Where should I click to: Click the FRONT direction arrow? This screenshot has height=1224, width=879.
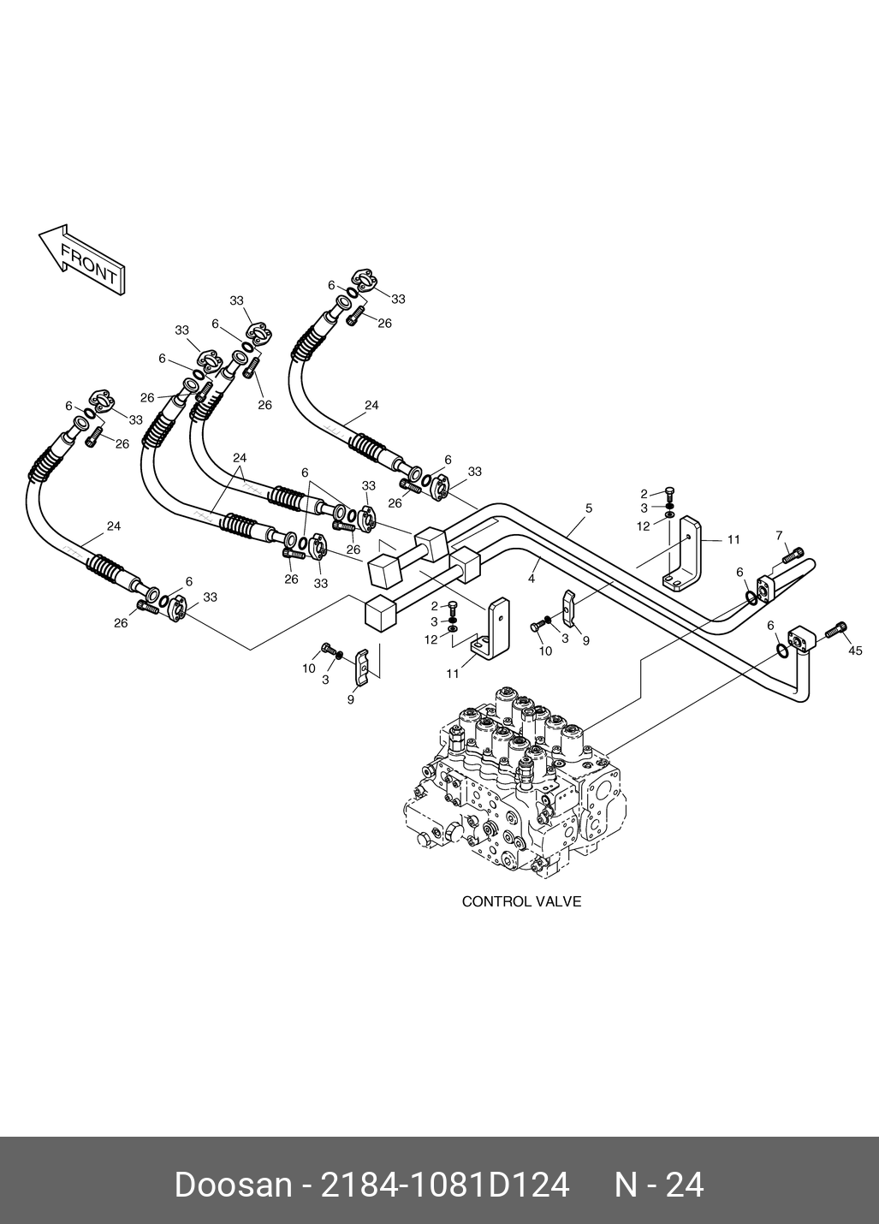82,262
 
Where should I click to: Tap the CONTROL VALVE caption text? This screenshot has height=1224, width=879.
521,901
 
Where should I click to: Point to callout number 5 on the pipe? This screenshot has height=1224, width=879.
589,508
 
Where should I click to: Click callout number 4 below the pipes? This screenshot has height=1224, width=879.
532,579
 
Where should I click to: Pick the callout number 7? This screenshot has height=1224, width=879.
779,536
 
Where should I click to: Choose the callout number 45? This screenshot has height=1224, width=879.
855,651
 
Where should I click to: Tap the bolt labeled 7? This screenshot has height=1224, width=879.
793,557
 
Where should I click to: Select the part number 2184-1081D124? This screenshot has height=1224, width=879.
444,1185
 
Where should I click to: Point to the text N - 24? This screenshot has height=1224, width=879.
659,1185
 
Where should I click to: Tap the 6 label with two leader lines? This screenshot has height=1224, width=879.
305,472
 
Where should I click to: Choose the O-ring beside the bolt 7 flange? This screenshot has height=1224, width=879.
750,596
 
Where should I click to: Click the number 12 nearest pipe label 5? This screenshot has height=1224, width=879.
644,526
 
